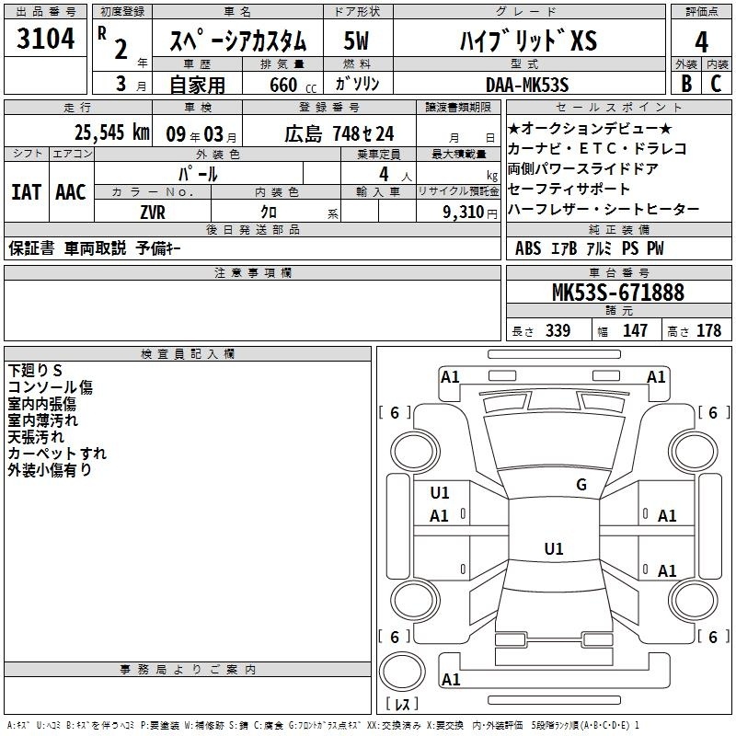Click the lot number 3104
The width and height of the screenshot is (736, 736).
point(46,40)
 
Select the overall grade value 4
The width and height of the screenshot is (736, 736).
point(702,41)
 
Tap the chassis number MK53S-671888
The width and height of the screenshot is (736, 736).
point(617,293)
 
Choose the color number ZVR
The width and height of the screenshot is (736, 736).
point(153,212)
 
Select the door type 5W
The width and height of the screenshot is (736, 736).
point(357,41)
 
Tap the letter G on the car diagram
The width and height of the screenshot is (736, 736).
point(581,485)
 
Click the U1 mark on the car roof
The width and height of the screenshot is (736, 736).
point(553,549)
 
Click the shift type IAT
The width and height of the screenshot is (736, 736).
point(26,192)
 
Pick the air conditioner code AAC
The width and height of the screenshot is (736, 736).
point(70,192)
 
